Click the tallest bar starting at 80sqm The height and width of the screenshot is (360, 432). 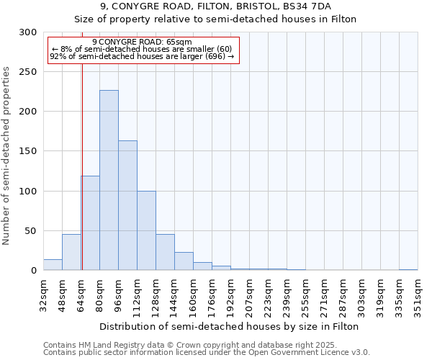click(x=109, y=180)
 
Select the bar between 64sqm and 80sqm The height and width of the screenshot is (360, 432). click(x=90, y=223)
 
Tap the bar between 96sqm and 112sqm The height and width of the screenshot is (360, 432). click(x=127, y=205)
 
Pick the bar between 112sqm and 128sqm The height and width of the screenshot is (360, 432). click(x=146, y=230)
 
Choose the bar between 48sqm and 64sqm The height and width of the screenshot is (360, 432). click(x=71, y=253)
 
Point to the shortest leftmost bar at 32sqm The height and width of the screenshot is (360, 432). click(x=53, y=265)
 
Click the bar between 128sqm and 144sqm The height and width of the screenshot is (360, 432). click(x=165, y=253)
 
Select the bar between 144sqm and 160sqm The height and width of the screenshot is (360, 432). click(x=184, y=261)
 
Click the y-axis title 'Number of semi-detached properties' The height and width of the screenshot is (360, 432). click(x=6, y=156)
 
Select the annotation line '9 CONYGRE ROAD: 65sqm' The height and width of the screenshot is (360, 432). click(x=142, y=42)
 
